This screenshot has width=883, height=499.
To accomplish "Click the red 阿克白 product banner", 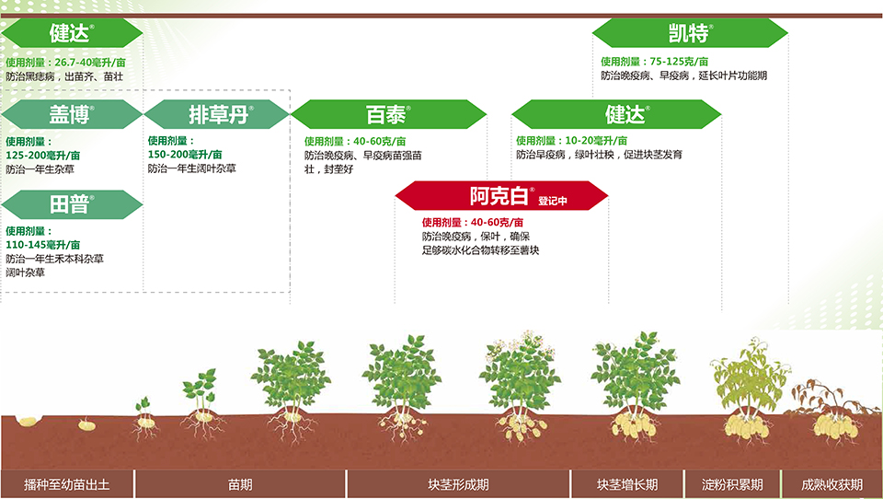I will click(x=501, y=195).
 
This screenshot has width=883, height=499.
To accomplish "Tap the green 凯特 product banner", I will click(x=690, y=33).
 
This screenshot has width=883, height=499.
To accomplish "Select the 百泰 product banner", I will click(x=388, y=114).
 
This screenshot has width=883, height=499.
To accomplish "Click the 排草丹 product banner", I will click(x=217, y=114).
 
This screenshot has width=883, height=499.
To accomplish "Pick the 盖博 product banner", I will click(x=72, y=114).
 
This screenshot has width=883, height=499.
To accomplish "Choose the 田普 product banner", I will click(x=72, y=204).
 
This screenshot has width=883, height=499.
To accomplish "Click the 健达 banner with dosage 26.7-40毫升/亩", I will click(x=72, y=33).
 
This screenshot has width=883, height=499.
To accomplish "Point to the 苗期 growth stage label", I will click(x=240, y=484).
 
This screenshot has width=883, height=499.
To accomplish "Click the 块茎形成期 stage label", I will click(x=458, y=484).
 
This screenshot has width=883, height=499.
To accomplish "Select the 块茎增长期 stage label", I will click(x=627, y=484).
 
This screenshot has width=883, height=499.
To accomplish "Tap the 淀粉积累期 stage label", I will click(x=732, y=484).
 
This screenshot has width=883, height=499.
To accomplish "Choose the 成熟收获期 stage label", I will click(x=832, y=484).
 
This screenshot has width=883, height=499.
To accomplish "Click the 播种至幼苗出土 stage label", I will click(x=67, y=484).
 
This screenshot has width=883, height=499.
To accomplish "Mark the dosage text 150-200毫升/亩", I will click(x=185, y=155).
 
